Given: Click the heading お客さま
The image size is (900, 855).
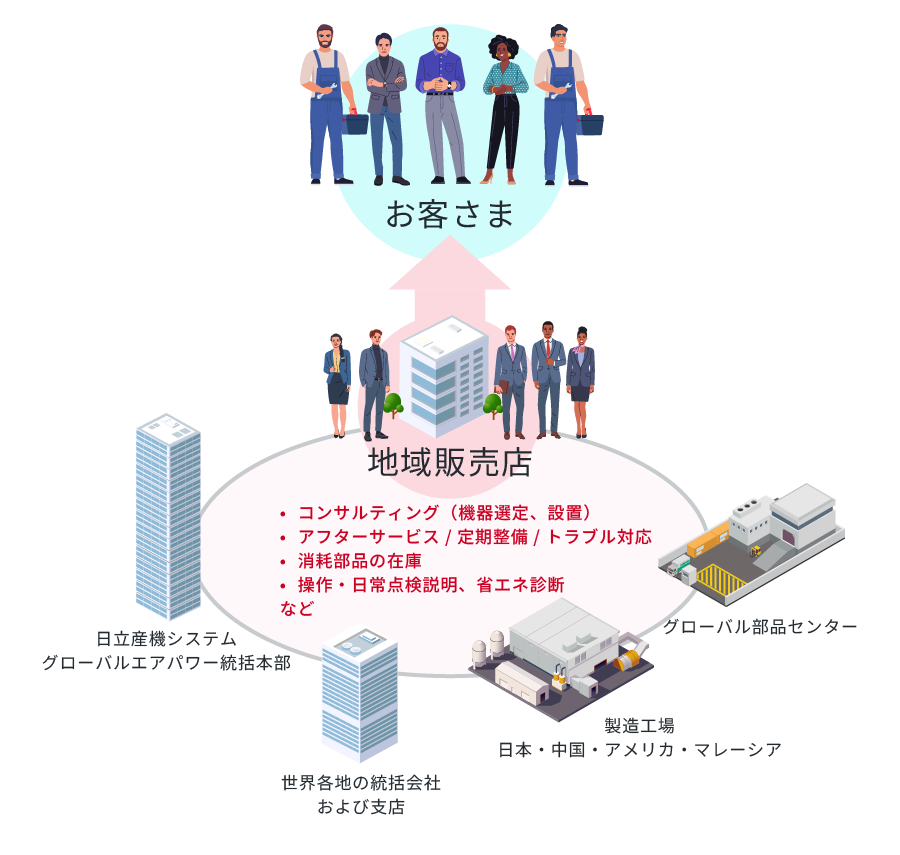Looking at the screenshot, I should coord(449,213).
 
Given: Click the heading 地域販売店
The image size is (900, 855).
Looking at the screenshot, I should coord(449,462).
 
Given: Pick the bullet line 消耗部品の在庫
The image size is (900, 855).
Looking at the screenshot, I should coord(362,560).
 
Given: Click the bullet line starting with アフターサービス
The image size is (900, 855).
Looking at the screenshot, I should coord(474,537).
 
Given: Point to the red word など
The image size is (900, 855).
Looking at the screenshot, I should coord(297,607).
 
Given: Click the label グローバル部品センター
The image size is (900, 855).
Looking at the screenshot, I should coord(760,627).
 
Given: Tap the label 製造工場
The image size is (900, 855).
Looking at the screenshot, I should coord(639,725).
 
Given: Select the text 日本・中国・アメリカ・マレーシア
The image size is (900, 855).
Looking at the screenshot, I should coord(640,749).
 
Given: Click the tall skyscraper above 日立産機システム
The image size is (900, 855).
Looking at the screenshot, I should coord(168,515).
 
